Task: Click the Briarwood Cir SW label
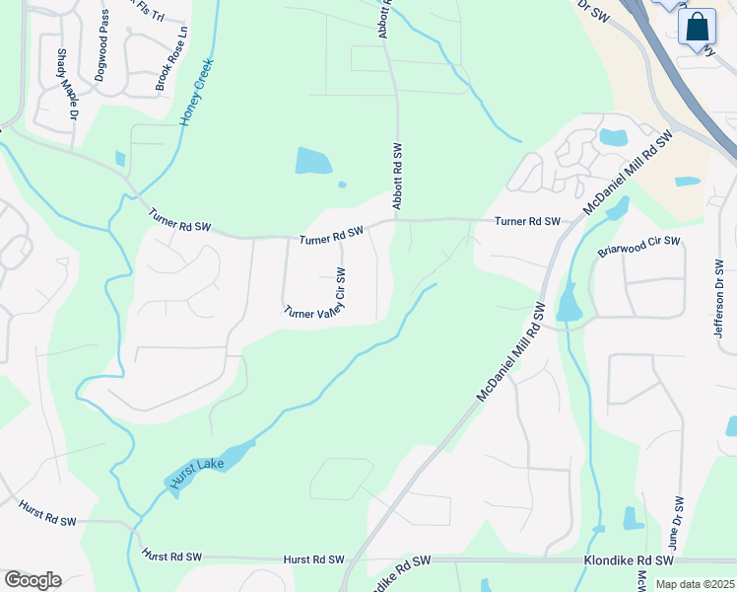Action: (x=639, y=247)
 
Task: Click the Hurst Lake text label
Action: (x=198, y=472)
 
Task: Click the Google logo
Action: (x=33, y=580)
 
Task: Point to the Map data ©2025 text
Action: (x=695, y=584)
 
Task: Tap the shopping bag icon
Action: (x=697, y=28)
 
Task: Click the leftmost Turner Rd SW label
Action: (x=180, y=220)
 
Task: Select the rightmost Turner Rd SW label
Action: (x=527, y=222)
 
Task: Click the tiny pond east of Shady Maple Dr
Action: (x=120, y=158)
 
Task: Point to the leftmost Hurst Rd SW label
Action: (x=48, y=513)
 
